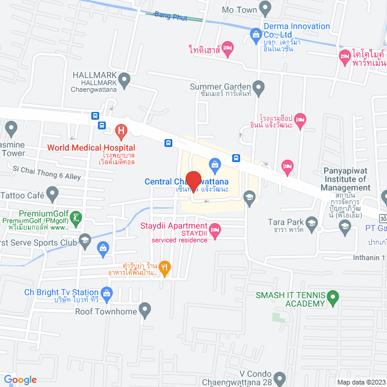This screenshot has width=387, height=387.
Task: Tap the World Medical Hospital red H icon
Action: click(121, 130)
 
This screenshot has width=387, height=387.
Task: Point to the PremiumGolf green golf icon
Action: click(76, 217)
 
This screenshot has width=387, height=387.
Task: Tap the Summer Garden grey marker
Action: click(259, 89)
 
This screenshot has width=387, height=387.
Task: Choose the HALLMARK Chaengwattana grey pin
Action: click(125, 79)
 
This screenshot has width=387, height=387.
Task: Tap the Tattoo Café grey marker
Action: click(53, 195)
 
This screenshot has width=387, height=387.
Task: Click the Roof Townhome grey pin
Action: click(145, 311)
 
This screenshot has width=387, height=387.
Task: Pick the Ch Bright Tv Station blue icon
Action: click(107, 294)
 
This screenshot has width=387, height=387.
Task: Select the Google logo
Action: click(19, 379)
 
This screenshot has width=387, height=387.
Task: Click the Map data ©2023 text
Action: click(360, 382)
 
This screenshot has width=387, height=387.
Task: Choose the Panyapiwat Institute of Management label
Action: click(346, 179)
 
